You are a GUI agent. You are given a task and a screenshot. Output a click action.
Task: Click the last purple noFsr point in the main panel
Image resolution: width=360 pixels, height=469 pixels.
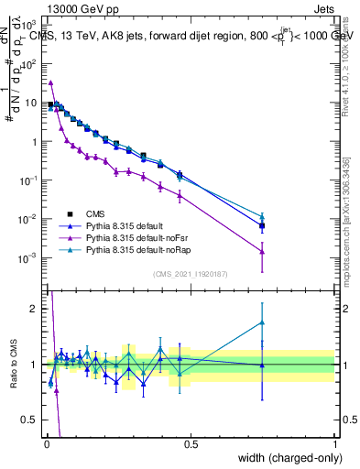[262, 252]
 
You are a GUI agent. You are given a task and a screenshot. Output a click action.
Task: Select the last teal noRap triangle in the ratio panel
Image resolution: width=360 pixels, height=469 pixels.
[262, 322]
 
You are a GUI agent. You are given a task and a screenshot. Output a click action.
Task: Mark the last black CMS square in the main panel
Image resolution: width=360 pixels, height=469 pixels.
[262, 225]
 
